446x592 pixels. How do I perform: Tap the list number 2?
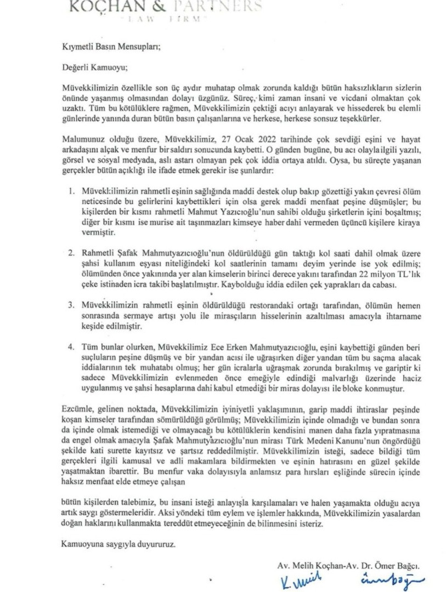tap(71, 253)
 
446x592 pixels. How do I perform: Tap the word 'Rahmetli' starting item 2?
tap(97, 253)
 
